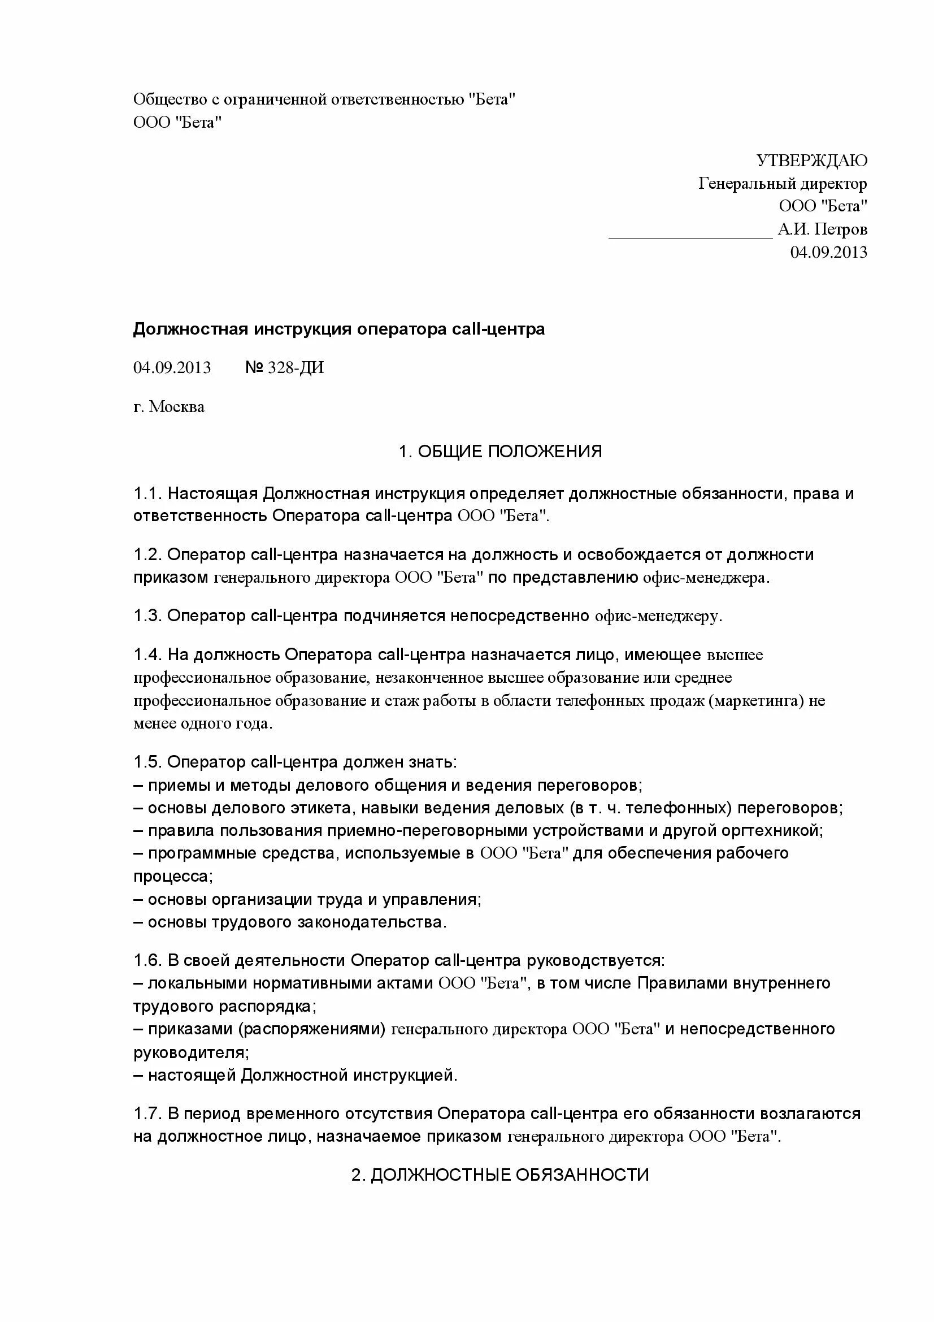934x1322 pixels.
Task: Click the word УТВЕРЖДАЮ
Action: pos(811,161)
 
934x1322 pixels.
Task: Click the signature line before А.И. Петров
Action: pos(690,236)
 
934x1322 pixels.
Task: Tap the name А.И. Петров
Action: pos(822,229)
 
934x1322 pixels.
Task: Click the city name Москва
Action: pos(177,407)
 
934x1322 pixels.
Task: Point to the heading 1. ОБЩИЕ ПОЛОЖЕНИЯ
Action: pos(500,451)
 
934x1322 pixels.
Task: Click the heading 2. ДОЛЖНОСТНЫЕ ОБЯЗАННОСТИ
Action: pos(500,1174)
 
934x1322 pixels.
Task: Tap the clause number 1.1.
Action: pos(147,493)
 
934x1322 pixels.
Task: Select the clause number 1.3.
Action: pos(147,616)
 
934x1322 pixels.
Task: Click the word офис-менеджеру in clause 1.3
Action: pos(657,616)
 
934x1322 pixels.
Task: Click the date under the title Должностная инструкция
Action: pos(172,367)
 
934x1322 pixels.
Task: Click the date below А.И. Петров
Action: pos(828,252)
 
